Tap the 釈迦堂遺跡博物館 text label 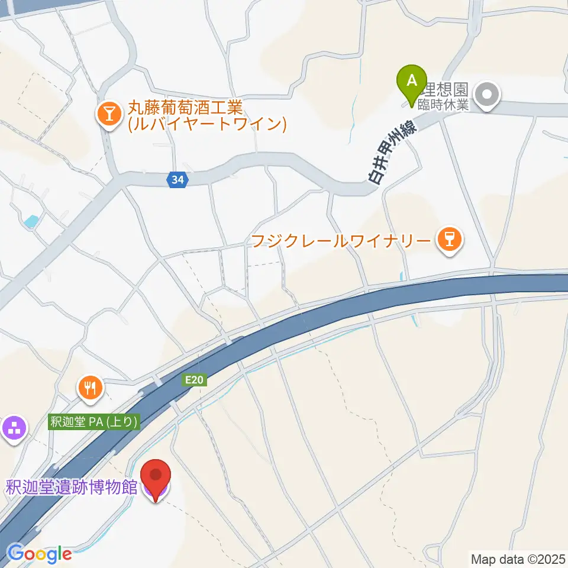pos(72,488)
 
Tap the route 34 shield pos(177,180)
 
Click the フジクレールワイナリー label pos(340,241)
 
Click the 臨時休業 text pos(443,105)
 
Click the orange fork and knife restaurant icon pos(90,388)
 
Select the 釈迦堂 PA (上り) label pos(94,422)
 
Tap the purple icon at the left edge pos(13,428)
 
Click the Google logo pos(39,554)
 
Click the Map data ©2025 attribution pos(518,558)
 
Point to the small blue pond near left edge pos(30,222)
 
